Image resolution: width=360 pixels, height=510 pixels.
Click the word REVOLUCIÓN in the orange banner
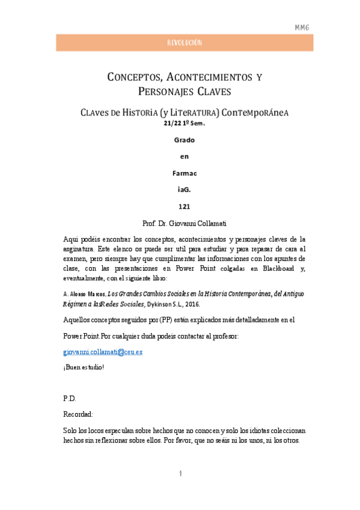tap(184, 43)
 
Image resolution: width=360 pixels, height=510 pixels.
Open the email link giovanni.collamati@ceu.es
tap(103, 351)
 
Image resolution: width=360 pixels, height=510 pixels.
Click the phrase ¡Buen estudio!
tap(84, 367)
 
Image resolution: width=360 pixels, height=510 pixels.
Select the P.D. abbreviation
tap(70, 399)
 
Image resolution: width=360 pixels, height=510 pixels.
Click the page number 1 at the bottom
tap(180, 475)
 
